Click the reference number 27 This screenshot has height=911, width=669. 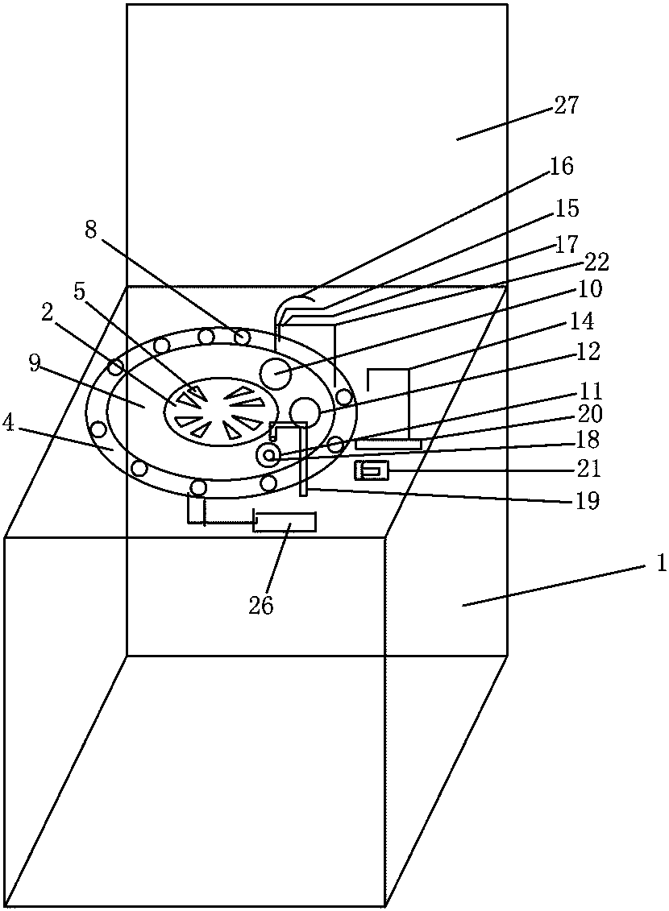[x=567, y=106]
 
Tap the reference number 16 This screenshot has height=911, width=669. [x=562, y=167]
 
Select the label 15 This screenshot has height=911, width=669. [x=567, y=209]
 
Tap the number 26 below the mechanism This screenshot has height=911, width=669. [x=261, y=605]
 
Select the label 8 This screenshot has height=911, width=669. [x=90, y=230]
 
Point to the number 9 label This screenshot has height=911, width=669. [x=34, y=363]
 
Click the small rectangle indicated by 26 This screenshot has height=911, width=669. [x=285, y=522]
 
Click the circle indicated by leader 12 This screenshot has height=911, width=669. [x=305, y=412]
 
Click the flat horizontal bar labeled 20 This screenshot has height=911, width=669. [x=388, y=444]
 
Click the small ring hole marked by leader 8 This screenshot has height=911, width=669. [x=242, y=337]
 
